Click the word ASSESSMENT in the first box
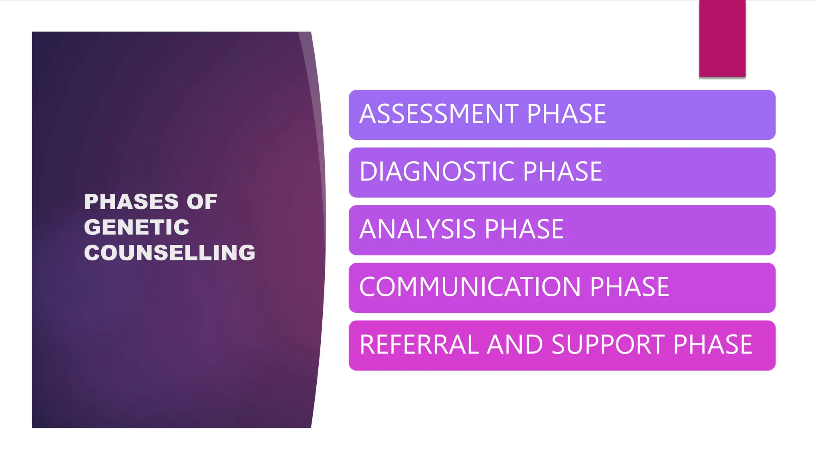click(438, 114)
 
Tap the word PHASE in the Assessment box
click(566, 114)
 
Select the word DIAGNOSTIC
click(436, 172)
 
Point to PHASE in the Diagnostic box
click(562, 172)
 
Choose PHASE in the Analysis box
click(524, 230)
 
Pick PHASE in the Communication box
click(629, 287)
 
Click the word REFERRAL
click(419, 345)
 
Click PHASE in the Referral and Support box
click(712, 345)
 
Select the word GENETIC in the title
click(136, 227)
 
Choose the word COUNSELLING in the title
click(170, 253)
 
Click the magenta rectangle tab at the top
click(722, 38)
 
